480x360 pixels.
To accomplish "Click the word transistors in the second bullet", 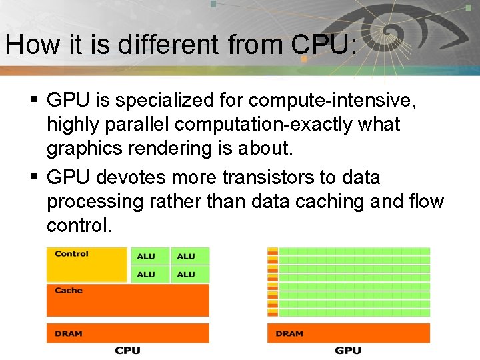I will [277, 177].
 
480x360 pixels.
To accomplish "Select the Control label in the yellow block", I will [71, 254].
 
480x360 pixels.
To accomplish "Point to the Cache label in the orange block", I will [69, 291].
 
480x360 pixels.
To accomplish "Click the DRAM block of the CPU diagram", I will [127, 333].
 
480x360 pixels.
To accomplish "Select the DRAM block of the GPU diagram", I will [348, 333].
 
